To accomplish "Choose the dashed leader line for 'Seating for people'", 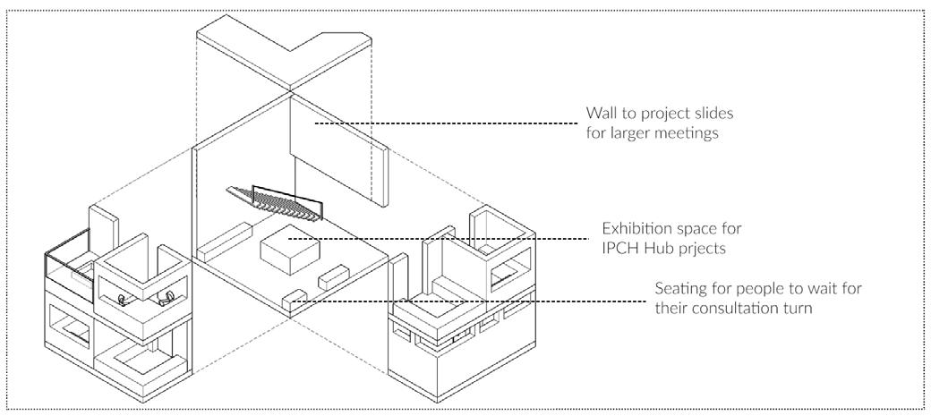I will point(483,301).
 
